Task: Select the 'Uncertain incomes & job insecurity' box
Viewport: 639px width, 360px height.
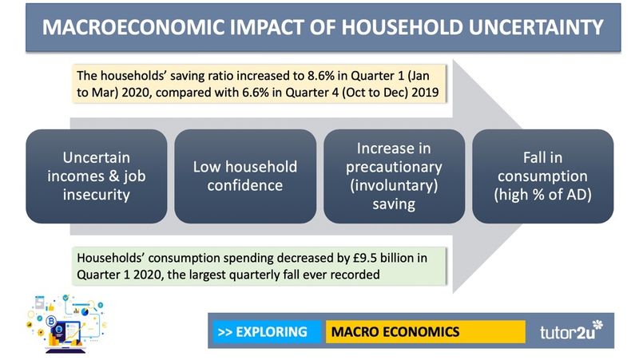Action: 96,176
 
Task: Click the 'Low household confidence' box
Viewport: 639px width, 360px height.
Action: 244,176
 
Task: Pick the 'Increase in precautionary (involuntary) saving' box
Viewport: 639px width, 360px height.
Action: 393,176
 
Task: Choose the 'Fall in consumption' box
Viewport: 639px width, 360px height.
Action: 543,176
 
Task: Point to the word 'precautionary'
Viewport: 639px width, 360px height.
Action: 393,167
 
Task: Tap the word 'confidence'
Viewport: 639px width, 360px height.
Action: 244,185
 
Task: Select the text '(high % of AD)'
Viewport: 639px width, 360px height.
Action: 543,194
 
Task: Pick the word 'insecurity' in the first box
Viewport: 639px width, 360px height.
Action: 96,194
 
